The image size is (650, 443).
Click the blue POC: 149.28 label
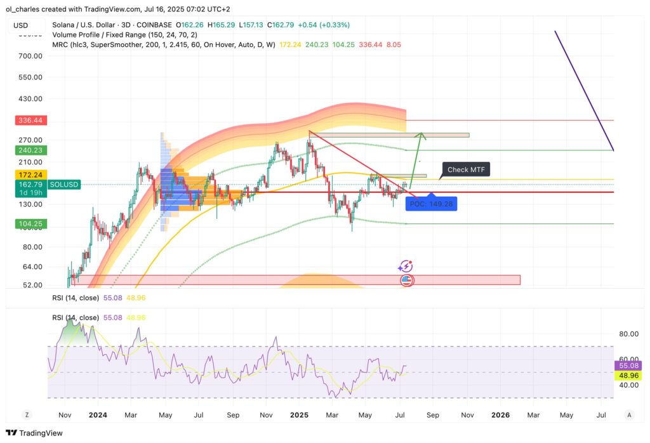(x=432, y=204)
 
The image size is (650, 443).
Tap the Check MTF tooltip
(x=466, y=169)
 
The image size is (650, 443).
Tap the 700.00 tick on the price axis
(x=30, y=56)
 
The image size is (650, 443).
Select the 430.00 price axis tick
(x=30, y=99)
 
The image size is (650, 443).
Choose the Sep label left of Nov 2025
(x=433, y=415)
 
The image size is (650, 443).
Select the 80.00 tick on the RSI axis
(x=628, y=334)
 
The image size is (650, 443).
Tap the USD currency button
(x=22, y=25)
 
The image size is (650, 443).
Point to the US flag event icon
(x=406, y=279)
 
